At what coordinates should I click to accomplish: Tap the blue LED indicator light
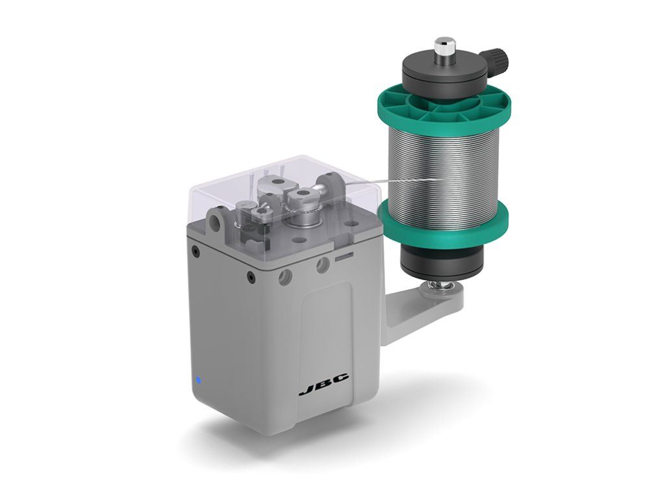click(x=199, y=379)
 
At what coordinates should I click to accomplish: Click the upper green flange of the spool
click(x=444, y=112)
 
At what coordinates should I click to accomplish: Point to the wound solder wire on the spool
click(x=443, y=170)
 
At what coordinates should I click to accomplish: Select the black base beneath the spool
click(x=442, y=264)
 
